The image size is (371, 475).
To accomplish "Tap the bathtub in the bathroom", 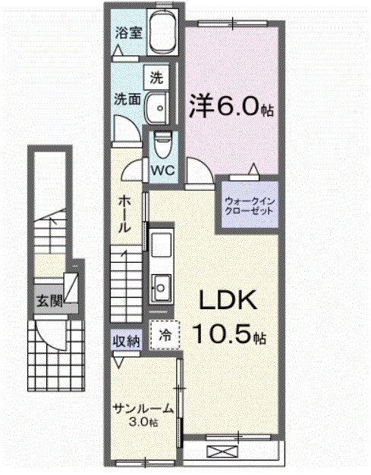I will point(161,34).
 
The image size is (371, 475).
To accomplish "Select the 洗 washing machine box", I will point(156,77).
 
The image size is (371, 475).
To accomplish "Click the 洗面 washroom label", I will point(126,98).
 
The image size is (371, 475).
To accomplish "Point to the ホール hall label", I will point(126,214).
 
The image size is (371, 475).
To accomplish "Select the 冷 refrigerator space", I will point(165,333).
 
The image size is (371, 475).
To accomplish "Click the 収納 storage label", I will point(127,341).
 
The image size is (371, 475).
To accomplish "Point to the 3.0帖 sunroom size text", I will point(143,422).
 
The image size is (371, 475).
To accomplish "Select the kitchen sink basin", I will point(161,286).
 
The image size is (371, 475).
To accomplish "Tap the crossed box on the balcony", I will point(222,452).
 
